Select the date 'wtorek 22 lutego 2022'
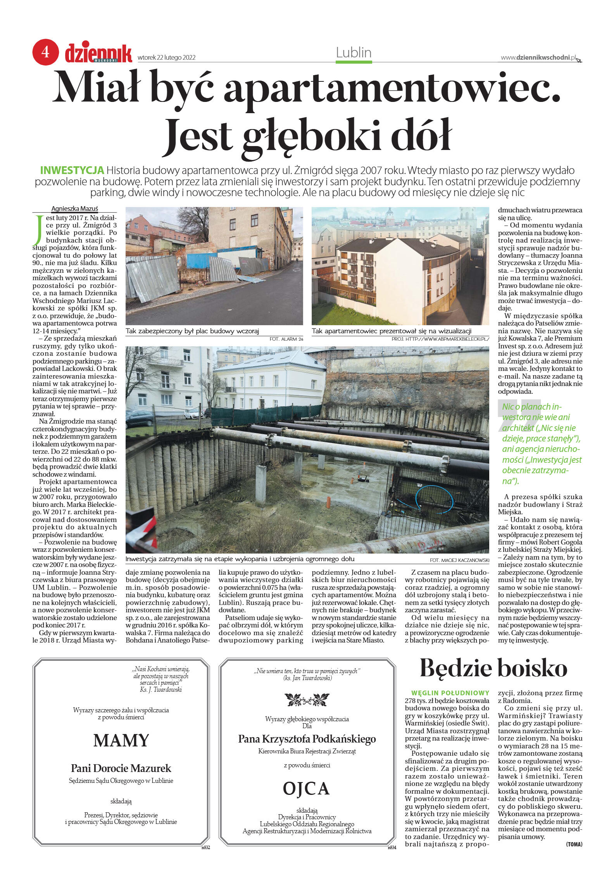[x=166, y=58]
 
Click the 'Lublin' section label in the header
[x=354, y=52]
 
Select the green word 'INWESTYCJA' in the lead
[x=72, y=170]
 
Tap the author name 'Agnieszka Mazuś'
[x=74, y=209]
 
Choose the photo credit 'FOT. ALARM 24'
[x=286, y=339]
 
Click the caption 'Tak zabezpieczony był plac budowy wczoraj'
[x=192, y=331]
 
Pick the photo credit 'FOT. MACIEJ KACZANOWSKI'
[x=459, y=560]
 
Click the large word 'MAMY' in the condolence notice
[x=121, y=740]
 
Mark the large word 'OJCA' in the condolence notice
[x=306, y=788]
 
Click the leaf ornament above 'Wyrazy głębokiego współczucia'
[x=307, y=700]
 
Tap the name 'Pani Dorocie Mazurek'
[x=121, y=768]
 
